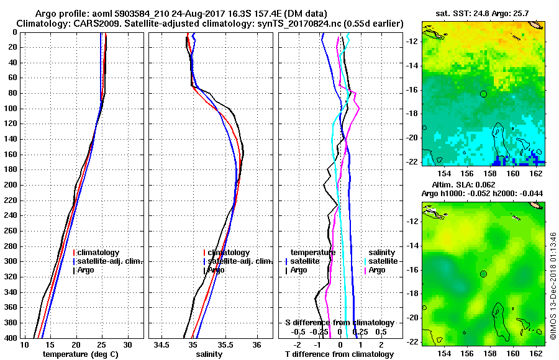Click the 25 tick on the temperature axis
tap(102, 344)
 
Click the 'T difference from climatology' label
tap(339, 354)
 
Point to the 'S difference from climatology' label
tap(339, 323)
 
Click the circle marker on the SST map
tap(483, 94)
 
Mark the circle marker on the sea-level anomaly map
tap(483, 274)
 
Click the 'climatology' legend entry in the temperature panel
tap(98, 253)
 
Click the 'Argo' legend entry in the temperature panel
tap(87, 270)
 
